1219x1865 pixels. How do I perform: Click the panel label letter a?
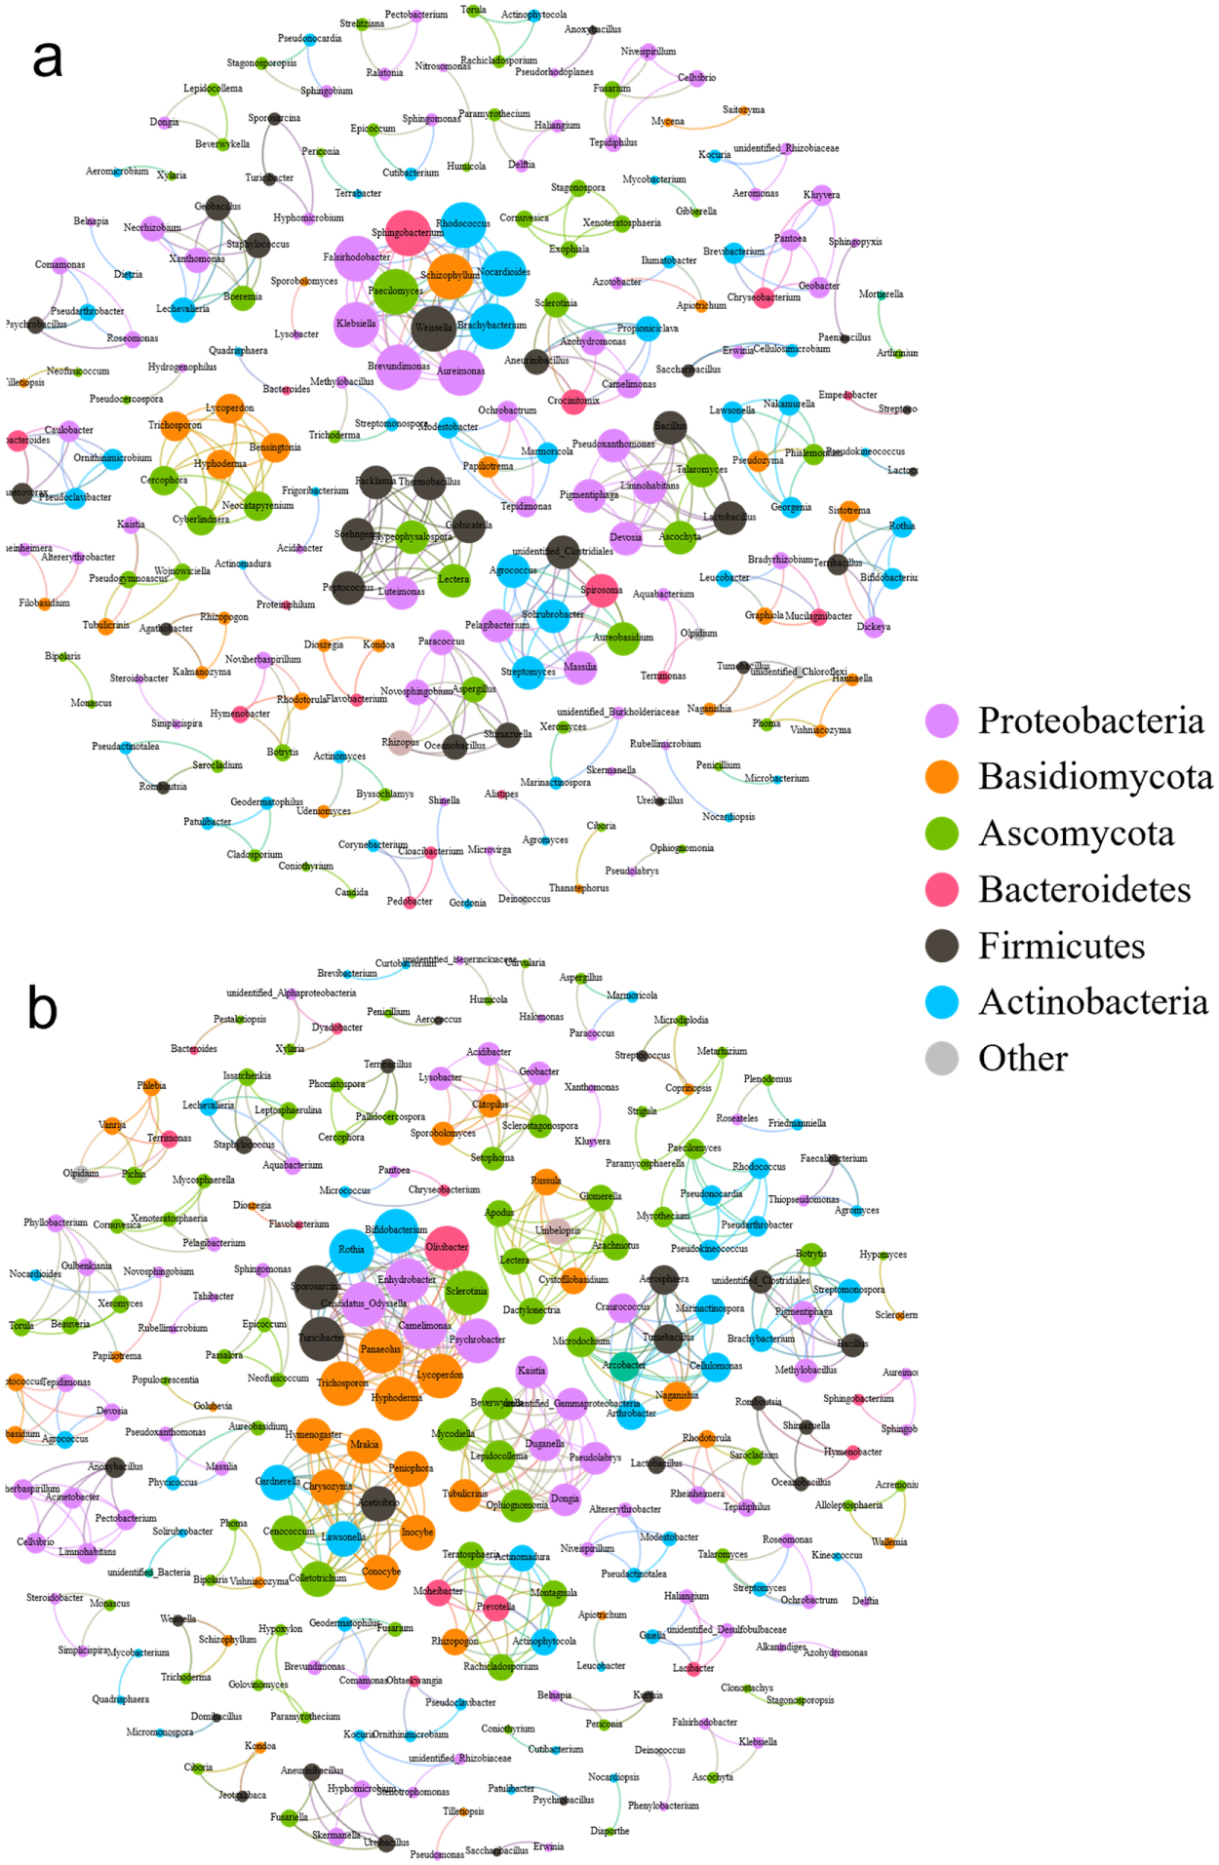pyautogui.click(x=47, y=58)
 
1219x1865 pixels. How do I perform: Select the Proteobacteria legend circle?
pyautogui.click(x=941, y=721)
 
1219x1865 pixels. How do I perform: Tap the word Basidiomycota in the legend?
pyautogui.click(x=1095, y=777)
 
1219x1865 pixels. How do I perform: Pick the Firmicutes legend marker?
pyautogui.click(x=941, y=946)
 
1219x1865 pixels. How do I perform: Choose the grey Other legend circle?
pyautogui.click(x=941, y=1058)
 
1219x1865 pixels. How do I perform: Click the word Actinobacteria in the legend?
pyautogui.click(x=1092, y=1002)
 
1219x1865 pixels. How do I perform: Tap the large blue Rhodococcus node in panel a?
pyautogui.click(x=462, y=224)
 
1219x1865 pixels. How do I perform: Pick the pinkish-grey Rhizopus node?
pyautogui.click(x=398, y=742)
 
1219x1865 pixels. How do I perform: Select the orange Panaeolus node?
pyautogui.click(x=381, y=1349)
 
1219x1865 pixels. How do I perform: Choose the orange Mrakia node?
pyautogui.click(x=364, y=1445)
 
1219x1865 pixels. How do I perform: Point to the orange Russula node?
pyautogui.click(x=545, y=1181)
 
